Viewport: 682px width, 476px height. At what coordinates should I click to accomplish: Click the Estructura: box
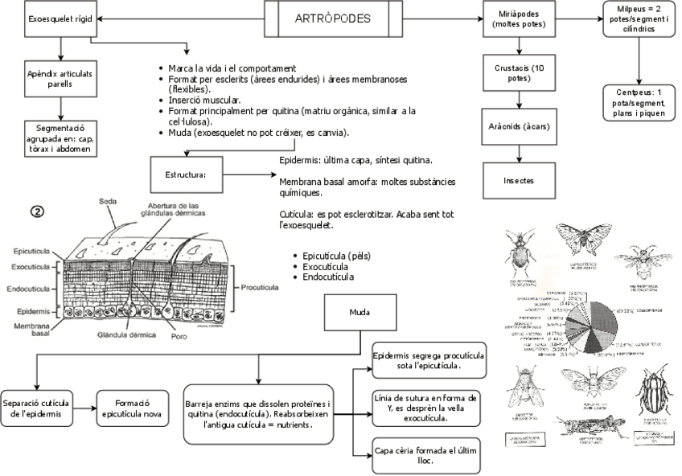(186, 174)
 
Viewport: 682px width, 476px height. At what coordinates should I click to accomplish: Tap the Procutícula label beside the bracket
(259, 286)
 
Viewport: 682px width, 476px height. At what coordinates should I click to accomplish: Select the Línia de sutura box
(429, 408)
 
